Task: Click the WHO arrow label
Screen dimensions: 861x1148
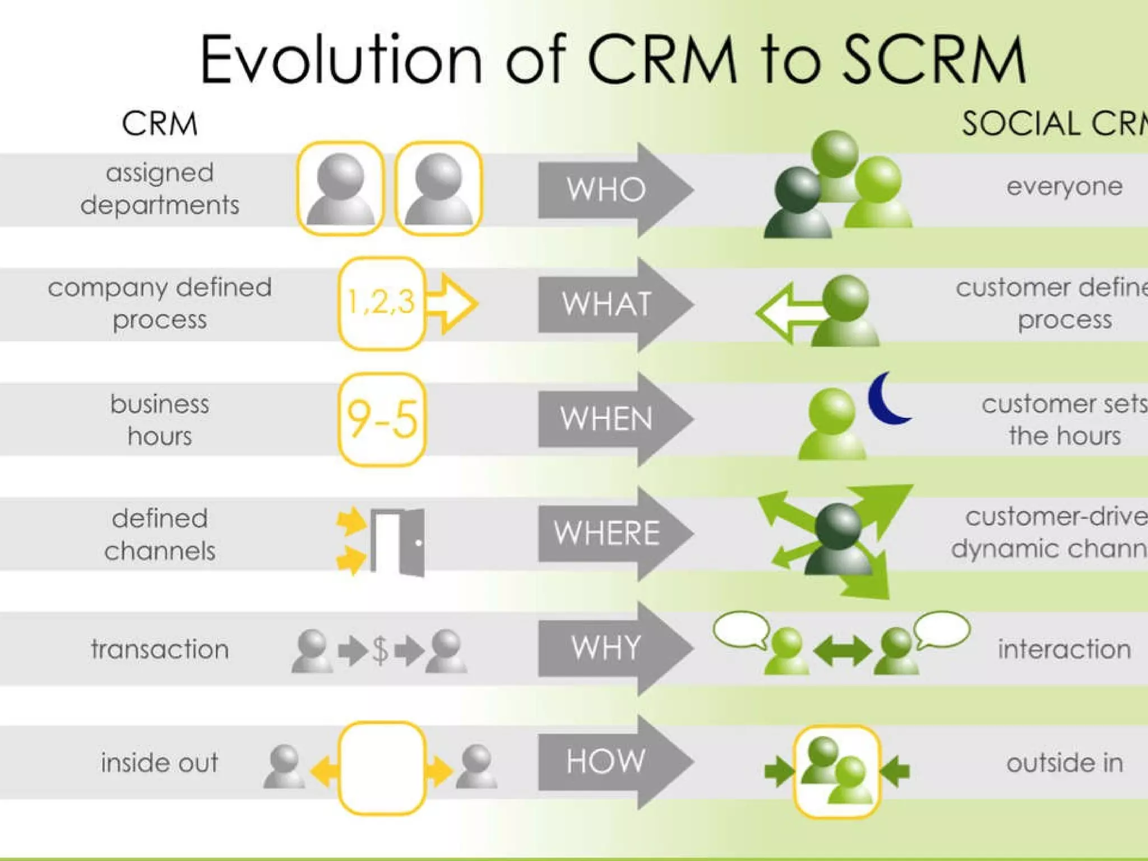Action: tap(606, 189)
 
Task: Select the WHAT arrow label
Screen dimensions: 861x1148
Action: tap(607, 304)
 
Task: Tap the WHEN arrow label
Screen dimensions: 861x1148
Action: tap(607, 419)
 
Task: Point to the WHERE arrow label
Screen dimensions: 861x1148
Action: tap(607, 533)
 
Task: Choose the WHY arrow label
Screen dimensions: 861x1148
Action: tap(606, 648)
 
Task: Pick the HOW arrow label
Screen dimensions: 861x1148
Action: tap(606, 762)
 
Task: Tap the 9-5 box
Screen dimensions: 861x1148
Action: tap(382, 419)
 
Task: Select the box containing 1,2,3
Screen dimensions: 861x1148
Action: tap(381, 303)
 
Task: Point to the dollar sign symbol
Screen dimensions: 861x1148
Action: tap(380, 651)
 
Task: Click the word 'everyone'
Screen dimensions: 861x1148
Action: tap(1064, 187)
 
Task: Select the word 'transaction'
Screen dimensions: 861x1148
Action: tap(160, 649)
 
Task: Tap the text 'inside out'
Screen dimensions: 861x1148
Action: tap(160, 763)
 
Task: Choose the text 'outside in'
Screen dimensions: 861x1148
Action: tap(1064, 763)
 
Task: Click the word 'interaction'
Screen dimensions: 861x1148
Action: tap(1064, 649)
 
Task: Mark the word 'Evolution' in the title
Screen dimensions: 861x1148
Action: tap(341, 59)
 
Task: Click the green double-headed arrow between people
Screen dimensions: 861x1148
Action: tap(843, 652)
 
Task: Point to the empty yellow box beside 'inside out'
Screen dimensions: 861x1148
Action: tap(382, 768)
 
